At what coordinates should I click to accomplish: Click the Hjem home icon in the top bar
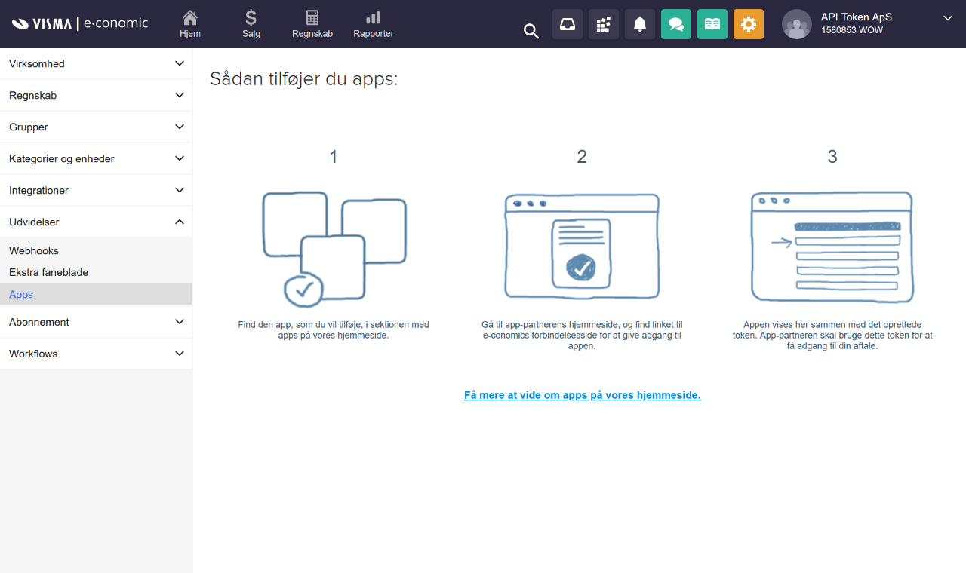[190, 18]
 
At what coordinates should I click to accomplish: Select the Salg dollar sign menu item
[251, 18]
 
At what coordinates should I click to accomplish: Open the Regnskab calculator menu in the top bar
[312, 18]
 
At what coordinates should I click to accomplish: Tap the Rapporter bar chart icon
[373, 18]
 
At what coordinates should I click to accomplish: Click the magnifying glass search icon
[531, 31]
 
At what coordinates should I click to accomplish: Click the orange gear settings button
[748, 24]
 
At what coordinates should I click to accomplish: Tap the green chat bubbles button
[675, 24]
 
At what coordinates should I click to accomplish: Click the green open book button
[712, 24]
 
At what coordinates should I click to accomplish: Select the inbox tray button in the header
[567, 24]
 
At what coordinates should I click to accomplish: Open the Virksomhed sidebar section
[96, 64]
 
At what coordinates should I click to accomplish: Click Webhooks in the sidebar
[34, 251]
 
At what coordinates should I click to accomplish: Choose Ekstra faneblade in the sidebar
[48, 272]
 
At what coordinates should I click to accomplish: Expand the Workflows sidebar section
[96, 354]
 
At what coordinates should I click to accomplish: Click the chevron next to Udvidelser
[179, 222]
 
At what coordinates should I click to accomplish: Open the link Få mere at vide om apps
[582, 395]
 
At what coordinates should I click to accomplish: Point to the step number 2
[582, 157]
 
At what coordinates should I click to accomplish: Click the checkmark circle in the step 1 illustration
[303, 289]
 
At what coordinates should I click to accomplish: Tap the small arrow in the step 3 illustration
[782, 243]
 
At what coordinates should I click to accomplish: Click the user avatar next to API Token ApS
[796, 24]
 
